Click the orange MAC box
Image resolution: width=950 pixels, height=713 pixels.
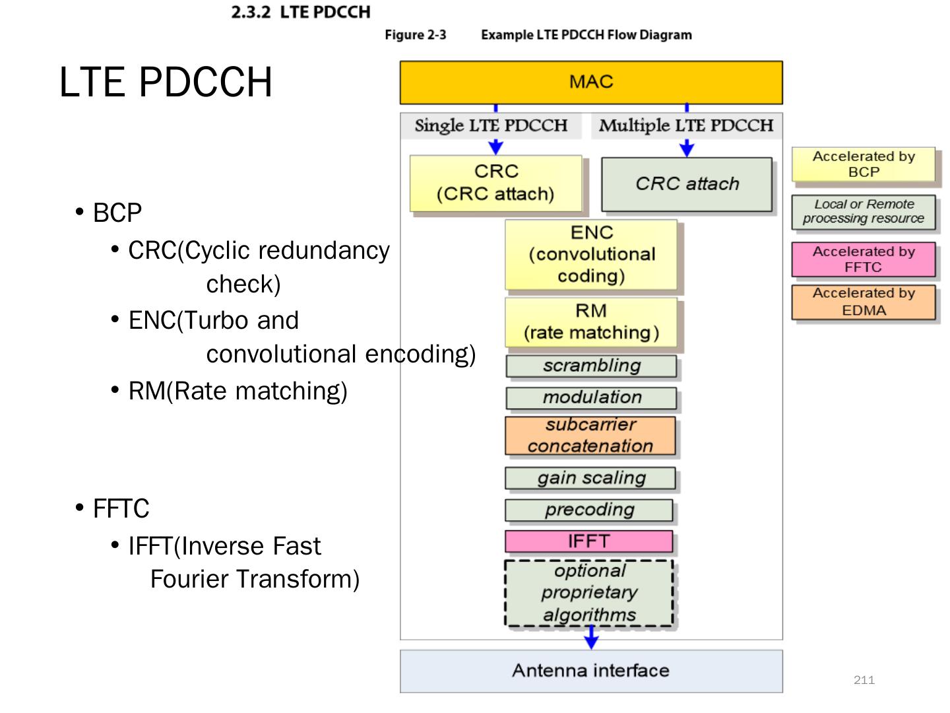(x=591, y=83)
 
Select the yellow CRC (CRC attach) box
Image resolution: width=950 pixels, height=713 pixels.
(x=496, y=183)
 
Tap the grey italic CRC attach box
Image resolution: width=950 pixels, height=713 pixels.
(x=687, y=184)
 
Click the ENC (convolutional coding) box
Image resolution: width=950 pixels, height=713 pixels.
(x=591, y=254)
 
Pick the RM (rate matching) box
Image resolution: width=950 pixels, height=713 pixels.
(x=591, y=322)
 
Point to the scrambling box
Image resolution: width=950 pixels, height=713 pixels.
(x=591, y=366)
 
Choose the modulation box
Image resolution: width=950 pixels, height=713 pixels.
(x=591, y=397)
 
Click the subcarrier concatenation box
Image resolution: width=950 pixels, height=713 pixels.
(x=590, y=436)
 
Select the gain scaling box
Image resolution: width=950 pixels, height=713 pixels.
(x=590, y=478)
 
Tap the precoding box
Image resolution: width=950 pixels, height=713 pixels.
(x=589, y=510)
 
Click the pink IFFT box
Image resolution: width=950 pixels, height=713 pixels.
(x=589, y=541)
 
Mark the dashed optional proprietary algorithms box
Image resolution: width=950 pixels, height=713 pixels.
(x=589, y=593)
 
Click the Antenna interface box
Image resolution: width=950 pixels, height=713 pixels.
(x=591, y=671)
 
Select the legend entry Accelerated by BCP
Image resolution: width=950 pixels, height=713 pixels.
(x=864, y=164)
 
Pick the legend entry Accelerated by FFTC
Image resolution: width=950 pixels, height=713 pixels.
(x=864, y=259)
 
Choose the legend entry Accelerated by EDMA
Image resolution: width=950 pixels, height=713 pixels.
(x=864, y=302)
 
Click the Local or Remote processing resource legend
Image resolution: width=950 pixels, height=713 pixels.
(x=864, y=211)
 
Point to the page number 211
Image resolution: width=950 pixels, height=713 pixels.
(x=864, y=680)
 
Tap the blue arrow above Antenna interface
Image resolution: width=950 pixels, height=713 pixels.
(x=592, y=638)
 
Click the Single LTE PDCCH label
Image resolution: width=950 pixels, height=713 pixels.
(x=491, y=125)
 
